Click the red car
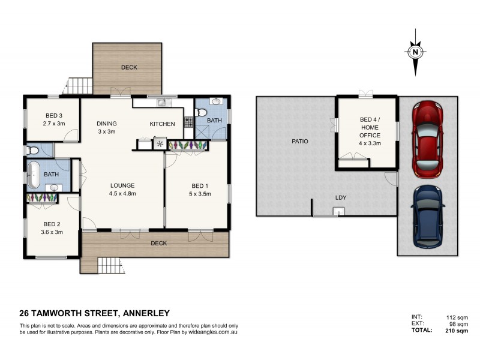pyautogui.click(x=427, y=139)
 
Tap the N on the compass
pyautogui.click(x=415, y=52)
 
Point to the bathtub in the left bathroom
pyautogui.click(x=34, y=174)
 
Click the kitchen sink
pyautogui.click(x=161, y=103)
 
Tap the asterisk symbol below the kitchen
pyautogui.click(x=160, y=144)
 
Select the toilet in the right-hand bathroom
pyautogui.click(x=202, y=113)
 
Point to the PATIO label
pyautogui.click(x=300, y=142)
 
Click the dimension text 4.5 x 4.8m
pyautogui.click(x=122, y=194)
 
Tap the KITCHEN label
pyautogui.click(x=162, y=124)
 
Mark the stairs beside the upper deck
pyautogui.click(x=79, y=86)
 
